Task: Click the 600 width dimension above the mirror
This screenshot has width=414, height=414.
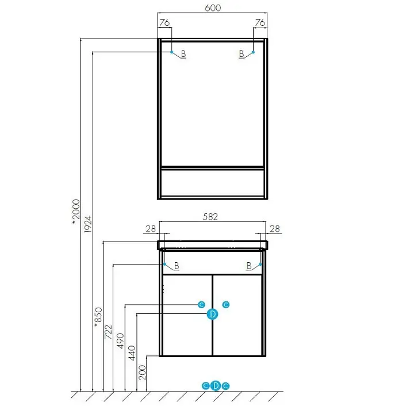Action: [x=212, y=9]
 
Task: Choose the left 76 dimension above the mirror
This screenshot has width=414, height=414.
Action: [x=164, y=23]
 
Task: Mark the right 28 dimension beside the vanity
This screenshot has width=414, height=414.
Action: [x=274, y=229]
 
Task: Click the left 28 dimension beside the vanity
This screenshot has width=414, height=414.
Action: [x=150, y=229]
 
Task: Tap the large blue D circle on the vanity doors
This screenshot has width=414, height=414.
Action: [x=213, y=314]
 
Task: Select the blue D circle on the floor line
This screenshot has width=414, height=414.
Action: [x=216, y=385]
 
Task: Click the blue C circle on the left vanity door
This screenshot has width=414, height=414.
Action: [x=201, y=304]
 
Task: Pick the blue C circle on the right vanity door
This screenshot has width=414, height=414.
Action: [x=226, y=304]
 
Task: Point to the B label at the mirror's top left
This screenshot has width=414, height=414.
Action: [x=183, y=54]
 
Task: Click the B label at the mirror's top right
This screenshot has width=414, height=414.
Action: [x=242, y=54]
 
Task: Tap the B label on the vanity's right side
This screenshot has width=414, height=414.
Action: [x=249, y=266]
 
